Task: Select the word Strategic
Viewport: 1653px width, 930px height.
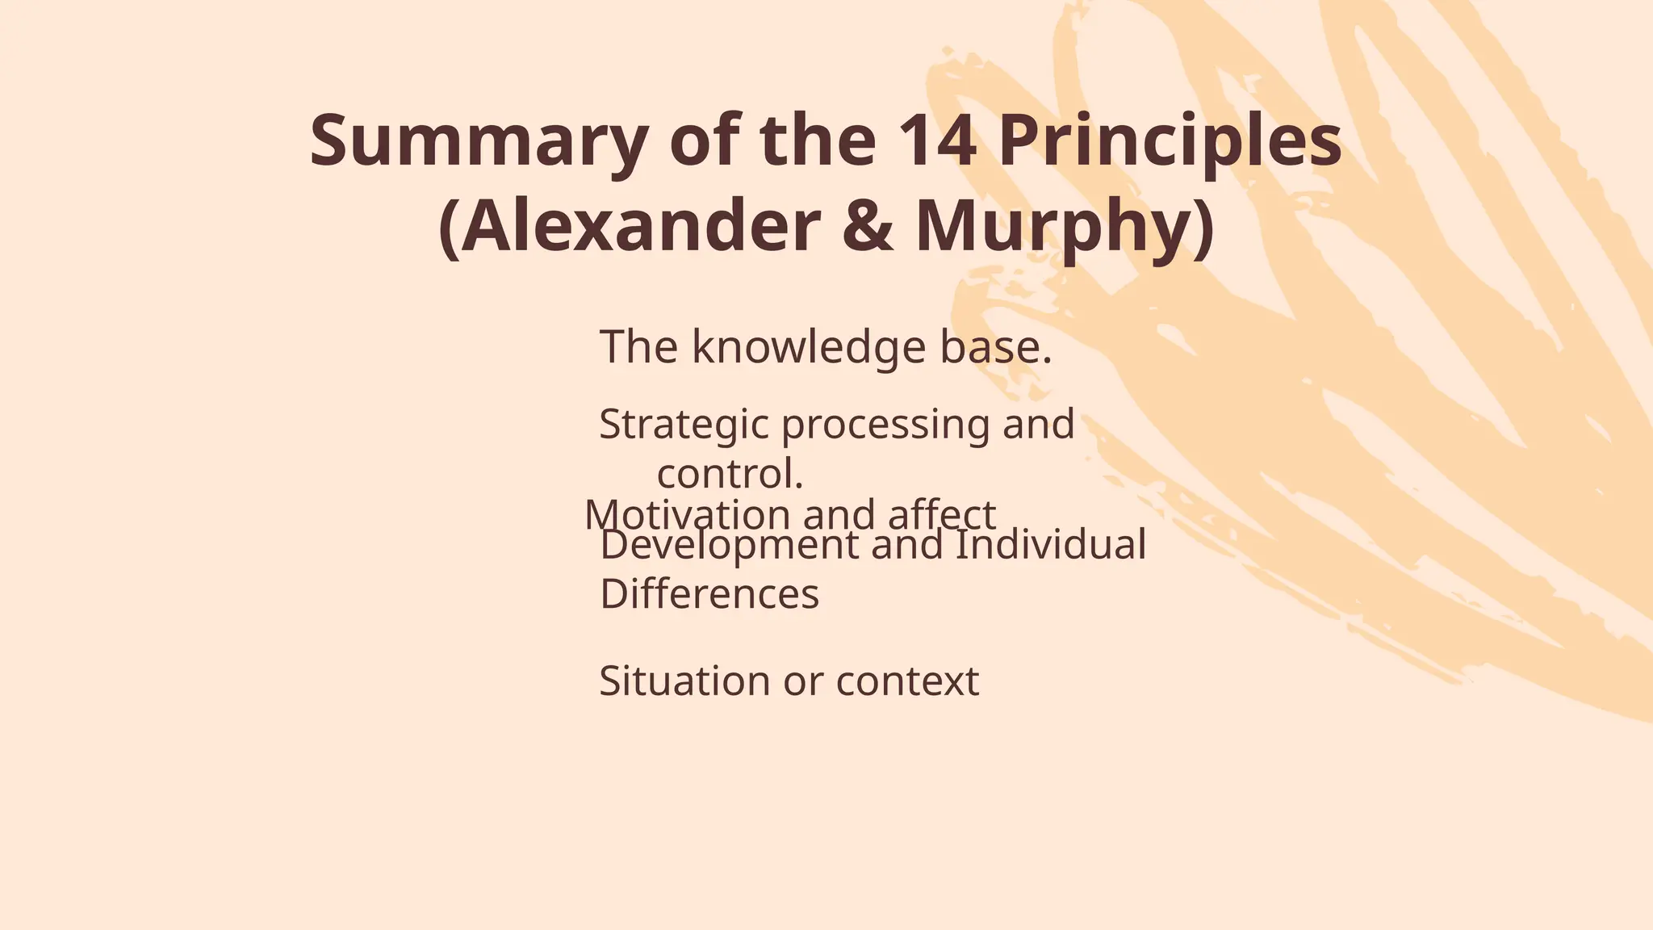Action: (683, 425)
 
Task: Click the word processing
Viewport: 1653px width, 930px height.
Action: (885, 425)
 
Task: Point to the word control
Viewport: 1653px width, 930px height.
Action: (730, 474)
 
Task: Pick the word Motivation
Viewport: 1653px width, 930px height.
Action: (687, 515)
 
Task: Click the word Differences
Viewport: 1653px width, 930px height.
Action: (709, 594)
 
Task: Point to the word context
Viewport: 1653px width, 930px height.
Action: (907, 681)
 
